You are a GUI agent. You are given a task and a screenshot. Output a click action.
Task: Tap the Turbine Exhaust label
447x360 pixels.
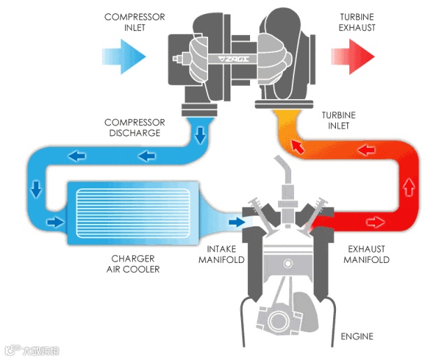[x=357, y=22]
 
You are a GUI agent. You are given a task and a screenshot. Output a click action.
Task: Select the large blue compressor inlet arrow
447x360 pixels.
[x=124, y=54]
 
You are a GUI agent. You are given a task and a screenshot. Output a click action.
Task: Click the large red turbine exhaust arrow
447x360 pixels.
[x=355, y=55]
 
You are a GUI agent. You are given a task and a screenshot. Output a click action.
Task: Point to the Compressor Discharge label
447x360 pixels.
[x=132, y=128]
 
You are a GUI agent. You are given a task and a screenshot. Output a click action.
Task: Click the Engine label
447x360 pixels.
[x=356, y=337]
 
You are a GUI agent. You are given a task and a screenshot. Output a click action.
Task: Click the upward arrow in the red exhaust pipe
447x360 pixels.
[x=409, y=186]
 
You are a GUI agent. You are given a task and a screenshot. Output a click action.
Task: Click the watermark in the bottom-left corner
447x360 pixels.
[x=31, y=349]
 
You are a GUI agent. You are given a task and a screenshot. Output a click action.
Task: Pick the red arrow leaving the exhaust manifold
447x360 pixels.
[x=375, y=222]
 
